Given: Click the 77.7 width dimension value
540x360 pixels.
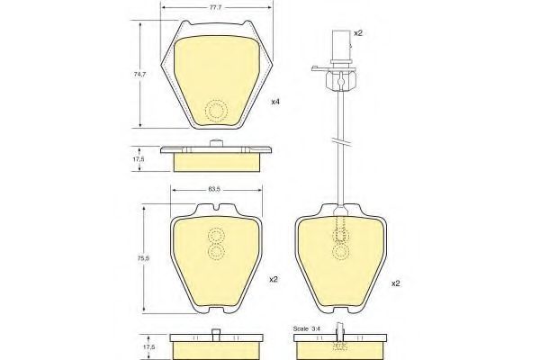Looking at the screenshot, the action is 215,7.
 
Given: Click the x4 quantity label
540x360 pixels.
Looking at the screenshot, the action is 275,102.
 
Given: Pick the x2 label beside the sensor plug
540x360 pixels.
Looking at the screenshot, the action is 358,33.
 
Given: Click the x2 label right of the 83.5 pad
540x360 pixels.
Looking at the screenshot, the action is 273,280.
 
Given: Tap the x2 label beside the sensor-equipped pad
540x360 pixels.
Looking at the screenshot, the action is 396,283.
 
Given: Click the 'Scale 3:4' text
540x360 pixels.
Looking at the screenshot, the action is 306,329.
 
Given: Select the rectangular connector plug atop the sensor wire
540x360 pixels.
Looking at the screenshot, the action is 341,46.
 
